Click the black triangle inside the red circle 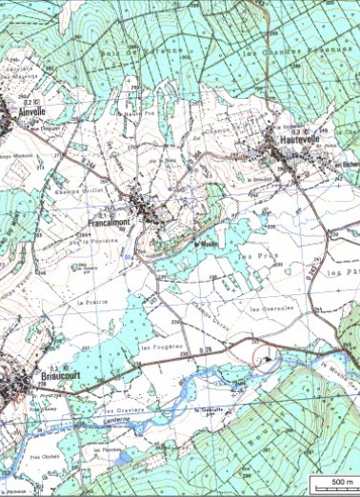270,359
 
